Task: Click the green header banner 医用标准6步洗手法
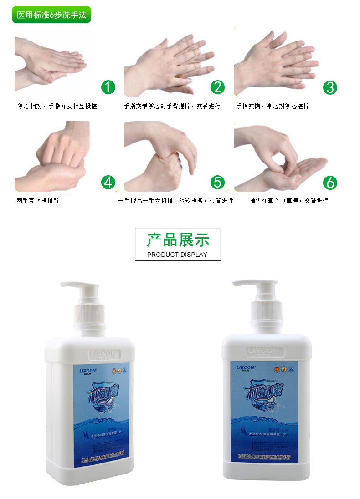click(51, 15)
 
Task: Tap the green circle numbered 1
click(108, 87)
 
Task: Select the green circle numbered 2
click(218, 87)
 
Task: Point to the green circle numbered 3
click(330, 87)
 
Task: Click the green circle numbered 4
click(108, 183)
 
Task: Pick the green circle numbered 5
click(218, 183)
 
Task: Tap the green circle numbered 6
click(330, 183)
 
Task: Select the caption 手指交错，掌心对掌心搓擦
click(273, 106)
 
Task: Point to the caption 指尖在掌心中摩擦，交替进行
click(288, 200)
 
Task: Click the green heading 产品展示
click(178, 240)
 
